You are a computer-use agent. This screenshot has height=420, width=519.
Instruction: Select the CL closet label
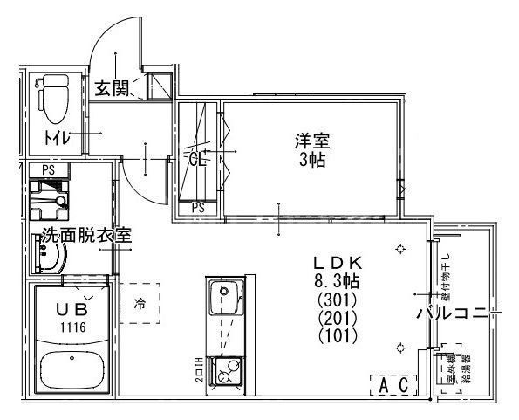pos(197,159)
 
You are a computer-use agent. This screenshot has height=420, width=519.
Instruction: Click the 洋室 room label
pos(311,141)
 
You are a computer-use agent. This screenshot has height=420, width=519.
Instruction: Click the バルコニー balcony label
pos(458,314)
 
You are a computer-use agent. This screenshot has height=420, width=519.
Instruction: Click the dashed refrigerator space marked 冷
pos(140,304)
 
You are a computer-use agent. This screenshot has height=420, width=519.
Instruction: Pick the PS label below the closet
pos(198,207)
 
